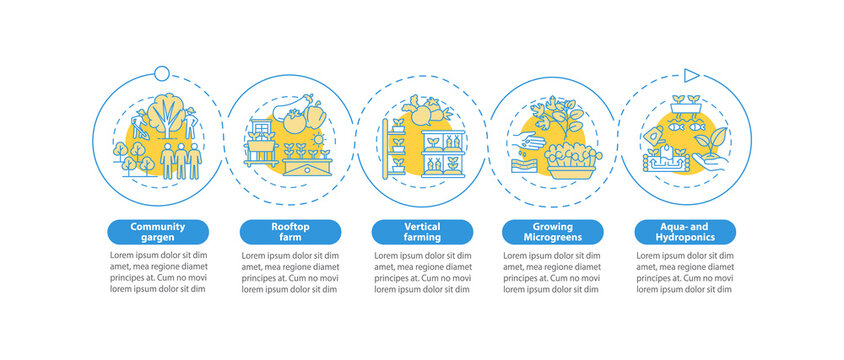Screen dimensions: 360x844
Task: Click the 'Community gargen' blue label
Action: [158, 232]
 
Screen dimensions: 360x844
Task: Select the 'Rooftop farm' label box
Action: [290, 232]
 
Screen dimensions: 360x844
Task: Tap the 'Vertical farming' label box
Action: [422, 232]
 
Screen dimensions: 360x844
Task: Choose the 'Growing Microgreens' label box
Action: [553, 232]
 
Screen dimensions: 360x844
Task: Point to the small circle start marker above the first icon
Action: [160, 71]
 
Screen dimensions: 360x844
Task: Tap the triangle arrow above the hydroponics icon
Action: [688, 73]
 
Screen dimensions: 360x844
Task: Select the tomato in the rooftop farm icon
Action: [294, 125]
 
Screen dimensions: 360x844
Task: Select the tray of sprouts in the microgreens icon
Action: [570, 159]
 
